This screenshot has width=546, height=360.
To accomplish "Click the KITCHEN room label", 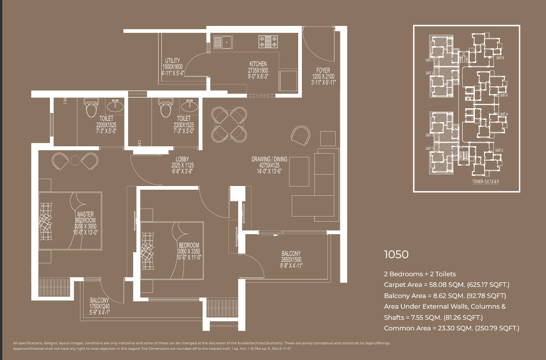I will pos(258,64).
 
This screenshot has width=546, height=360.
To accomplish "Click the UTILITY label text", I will pos(172,61).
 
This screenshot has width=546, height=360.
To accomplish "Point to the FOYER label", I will pos(323,70).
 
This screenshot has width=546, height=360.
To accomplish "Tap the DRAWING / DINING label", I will pos(269,159).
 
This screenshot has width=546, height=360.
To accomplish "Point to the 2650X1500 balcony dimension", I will pos(291,260).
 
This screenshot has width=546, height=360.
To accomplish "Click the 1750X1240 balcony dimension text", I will pos(99,306).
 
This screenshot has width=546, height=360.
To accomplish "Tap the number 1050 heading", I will pos(396,254).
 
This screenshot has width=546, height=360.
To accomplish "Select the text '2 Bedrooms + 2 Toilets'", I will pos(420,274).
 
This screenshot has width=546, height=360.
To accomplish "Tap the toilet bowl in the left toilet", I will pos(90,109).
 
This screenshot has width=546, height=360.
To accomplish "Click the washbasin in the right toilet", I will pos(189,106).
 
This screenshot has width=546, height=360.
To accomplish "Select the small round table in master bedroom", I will pos(75,161).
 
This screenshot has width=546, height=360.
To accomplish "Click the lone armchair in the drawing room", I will pos(301,136).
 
